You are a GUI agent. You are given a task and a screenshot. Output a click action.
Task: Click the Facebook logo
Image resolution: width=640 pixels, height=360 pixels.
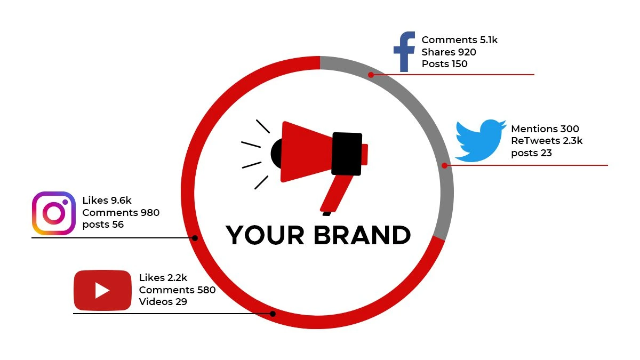click(x=404, y=52)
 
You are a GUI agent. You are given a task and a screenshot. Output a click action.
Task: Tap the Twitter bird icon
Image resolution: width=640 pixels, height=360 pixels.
click(x=481, y=141)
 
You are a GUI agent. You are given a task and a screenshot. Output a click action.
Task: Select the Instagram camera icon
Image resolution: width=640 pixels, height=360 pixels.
click(x=54, y=213)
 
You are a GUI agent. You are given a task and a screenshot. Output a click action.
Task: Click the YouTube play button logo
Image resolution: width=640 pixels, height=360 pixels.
click(x=102, y=290)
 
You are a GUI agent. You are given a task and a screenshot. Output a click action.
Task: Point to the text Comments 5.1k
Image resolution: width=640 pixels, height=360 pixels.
click(x=459, y=39)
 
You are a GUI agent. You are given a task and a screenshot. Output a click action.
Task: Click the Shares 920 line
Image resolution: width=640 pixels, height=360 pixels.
click(x=449, y=52)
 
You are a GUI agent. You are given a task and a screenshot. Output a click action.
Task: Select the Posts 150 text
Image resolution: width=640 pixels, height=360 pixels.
click(x=445, y=63)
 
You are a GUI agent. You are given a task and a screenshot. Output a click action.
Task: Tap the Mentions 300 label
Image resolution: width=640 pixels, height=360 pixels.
click(x=545, y=129)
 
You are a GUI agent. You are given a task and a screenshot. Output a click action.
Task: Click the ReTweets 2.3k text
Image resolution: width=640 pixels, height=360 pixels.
click(x=547, y=141)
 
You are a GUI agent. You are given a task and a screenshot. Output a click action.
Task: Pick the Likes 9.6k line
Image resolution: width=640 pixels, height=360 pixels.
click(x=107, y=201)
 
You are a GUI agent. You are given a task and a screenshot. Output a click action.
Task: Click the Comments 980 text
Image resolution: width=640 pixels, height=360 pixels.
click(x=121, y=213)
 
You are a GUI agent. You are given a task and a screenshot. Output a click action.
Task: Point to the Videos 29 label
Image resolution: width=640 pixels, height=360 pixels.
click(x=163, y=301)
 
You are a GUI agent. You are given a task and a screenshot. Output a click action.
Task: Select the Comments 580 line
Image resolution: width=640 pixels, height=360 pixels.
click(x=177, y=290)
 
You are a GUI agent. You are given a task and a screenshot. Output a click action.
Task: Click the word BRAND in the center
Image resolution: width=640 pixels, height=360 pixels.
click(x=362, y=235)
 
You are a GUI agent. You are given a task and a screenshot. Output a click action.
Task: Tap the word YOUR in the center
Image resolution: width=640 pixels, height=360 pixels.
click(x=265, y=235)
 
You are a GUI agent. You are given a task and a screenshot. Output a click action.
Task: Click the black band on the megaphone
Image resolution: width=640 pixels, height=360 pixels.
click(x=347, y=154)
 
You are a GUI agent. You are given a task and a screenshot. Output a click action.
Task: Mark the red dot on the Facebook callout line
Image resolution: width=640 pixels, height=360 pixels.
click(x=371, y=75)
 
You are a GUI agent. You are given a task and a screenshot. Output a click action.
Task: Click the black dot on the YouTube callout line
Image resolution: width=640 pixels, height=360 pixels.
click(x=273, y=314)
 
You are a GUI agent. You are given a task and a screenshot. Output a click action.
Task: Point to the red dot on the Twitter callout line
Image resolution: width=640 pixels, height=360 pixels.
click(x=445, y=165)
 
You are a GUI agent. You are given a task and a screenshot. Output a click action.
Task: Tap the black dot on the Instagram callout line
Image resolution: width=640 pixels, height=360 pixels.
click(x=195, y=238)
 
